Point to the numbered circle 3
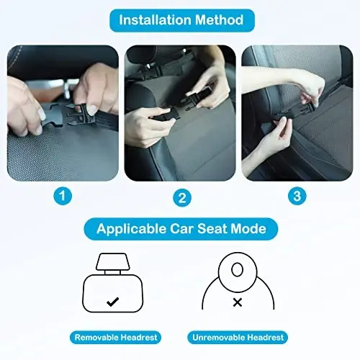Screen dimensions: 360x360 (295, 194)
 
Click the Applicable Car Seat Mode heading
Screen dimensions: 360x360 (180, 230)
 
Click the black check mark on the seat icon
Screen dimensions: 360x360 (112, 302)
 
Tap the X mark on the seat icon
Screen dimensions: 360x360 (237, 303)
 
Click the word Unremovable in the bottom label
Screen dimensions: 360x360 (219, 337)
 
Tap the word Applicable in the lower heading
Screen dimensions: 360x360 (126, 230)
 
